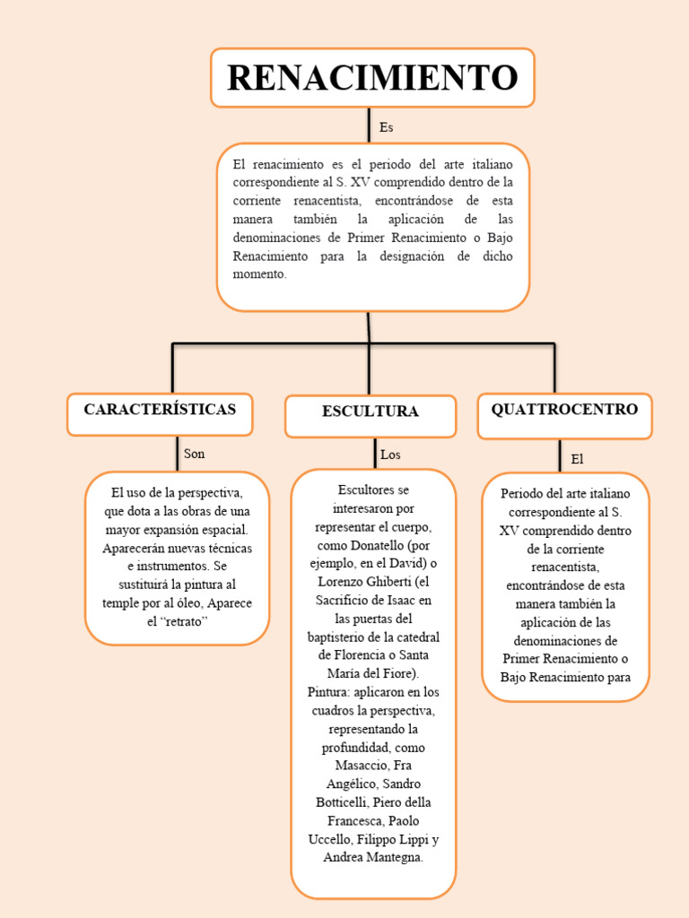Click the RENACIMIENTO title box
(x=371, y=77)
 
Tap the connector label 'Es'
(x=387, y=127)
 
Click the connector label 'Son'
(x=194, y=454)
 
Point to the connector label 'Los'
(x=390, y=455)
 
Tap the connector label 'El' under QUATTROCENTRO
(x=577, y=459)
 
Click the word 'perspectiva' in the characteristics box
(x=209, y=492)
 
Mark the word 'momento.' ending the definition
(x=260, y=274)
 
